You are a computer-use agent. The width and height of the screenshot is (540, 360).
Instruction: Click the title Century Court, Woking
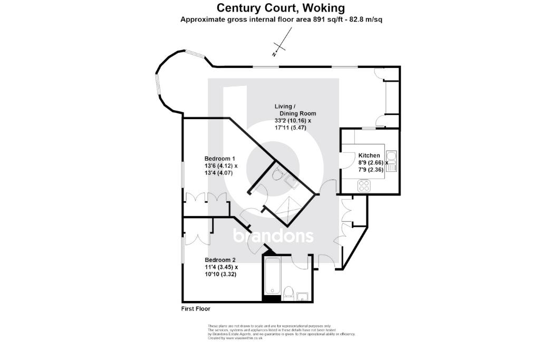pos(282,8)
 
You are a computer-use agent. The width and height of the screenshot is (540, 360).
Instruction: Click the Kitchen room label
pos(369,156)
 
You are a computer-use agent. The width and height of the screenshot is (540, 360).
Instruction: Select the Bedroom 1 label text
pos(219,159)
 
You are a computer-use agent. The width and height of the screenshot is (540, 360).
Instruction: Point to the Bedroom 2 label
pos(220,260)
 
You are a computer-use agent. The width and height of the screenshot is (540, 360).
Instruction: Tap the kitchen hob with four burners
pos(364,186)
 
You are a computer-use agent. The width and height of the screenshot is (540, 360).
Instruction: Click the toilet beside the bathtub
pos(288,292)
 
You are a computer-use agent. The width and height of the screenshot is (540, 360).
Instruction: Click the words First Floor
pos(196,308)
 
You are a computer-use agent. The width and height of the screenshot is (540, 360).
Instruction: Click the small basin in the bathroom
pos(303,296)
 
